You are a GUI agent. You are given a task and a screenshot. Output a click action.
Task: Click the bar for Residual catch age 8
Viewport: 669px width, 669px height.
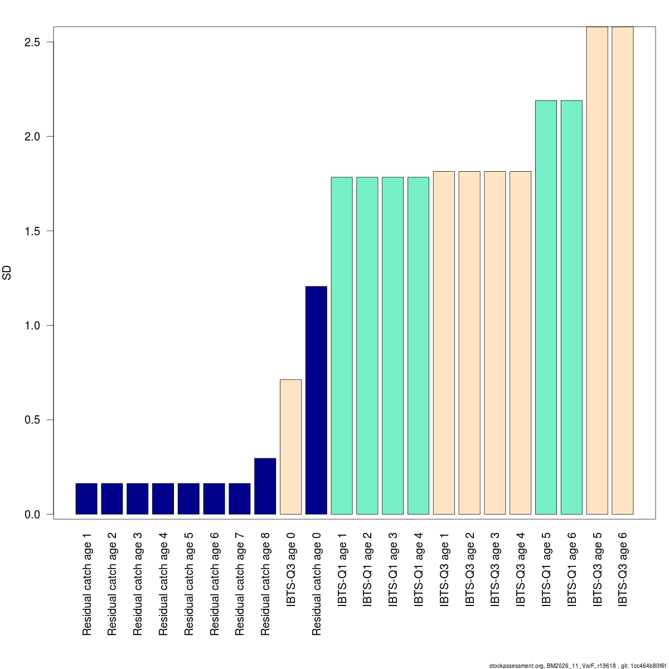(x=265, y=486)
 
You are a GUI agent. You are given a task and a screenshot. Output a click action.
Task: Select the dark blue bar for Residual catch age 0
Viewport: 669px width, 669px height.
(x=316, y=400)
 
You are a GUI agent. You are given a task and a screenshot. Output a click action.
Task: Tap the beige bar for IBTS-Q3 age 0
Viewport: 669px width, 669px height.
(x=290, y=447)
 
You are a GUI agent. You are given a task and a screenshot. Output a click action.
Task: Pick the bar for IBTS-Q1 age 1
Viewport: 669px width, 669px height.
(x=342, y=346)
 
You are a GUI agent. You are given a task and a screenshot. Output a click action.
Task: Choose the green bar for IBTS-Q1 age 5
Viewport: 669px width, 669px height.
(x=546, y=307)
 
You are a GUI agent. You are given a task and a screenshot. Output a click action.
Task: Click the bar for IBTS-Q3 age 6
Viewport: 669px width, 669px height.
(x=622, y=270)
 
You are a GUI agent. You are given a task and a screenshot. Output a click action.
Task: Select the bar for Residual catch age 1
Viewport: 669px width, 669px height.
(x=86, y=498)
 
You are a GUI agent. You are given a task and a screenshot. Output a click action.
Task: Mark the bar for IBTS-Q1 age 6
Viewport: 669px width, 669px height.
(x=571, y=307)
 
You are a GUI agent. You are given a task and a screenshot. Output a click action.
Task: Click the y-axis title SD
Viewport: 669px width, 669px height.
(x=7, y=273)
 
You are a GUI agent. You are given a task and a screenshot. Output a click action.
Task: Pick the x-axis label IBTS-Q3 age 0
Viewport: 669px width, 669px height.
(x=290, y=569)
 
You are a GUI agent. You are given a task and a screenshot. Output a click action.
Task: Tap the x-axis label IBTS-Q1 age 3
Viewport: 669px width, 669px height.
(x=393, y=569)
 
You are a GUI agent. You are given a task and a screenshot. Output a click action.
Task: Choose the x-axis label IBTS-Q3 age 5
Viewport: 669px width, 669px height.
(x=597, y=569)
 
